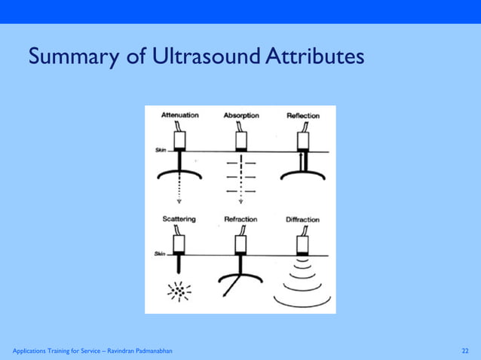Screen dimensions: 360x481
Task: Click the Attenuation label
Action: tap(180, 115)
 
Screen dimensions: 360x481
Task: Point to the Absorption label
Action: tap(241, 115)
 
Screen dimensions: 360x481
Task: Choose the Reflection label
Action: tap(302, 116)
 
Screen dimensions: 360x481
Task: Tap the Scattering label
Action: tap(179, 219)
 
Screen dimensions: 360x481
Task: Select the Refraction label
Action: tap(240, 219)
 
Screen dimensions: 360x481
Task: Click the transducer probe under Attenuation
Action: tap(179, 139)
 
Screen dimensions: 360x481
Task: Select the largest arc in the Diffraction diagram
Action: tap(302, 302)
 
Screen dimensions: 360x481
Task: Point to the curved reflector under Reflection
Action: tap(302, 175)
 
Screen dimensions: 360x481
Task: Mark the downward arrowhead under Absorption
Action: tap(240, 202)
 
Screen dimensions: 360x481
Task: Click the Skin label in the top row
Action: tap(160, 150)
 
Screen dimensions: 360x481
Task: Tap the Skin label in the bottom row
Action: tap(160, 254)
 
